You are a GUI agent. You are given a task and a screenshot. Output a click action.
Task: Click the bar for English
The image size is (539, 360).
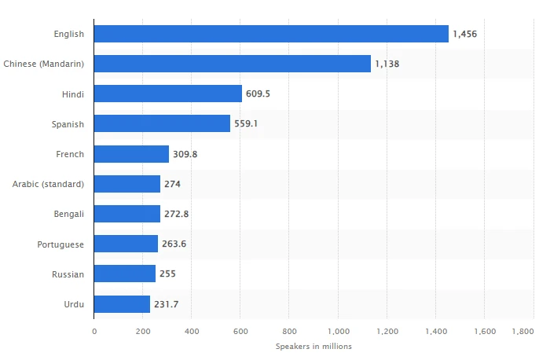(x=271, y=34)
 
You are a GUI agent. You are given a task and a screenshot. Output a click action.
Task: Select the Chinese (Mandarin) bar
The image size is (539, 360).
(x=233, y=64)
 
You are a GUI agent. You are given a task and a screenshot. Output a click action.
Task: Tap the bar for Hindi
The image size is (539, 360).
(x=168, y=94)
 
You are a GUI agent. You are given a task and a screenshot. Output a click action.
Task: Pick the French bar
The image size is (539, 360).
(x=131, y=154)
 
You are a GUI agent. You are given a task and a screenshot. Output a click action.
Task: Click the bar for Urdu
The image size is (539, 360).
(x=122, y=303)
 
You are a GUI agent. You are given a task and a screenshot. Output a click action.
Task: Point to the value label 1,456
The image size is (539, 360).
(x=465, y=34)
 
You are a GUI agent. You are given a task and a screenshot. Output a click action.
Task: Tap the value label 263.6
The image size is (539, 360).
(x=174, y=244)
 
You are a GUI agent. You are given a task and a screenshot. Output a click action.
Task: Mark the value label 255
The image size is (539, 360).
(x=167, y=274)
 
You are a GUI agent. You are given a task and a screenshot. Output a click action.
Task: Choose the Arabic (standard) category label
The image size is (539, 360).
(x=49, y=184)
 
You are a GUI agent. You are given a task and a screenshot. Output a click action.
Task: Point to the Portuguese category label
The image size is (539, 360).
(x=61, y=244)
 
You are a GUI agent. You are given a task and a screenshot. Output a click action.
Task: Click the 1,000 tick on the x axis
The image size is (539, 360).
(x=338, y=332)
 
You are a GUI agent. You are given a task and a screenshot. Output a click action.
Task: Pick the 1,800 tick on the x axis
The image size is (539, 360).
(x=522, y=332)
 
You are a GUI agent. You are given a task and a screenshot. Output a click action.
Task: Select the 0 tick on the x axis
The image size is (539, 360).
(x=94, y=332)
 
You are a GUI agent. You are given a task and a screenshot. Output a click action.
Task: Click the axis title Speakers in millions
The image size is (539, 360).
(x=313, y=346)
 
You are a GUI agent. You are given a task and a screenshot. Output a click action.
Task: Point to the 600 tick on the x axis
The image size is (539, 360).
(x=240, y=332)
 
